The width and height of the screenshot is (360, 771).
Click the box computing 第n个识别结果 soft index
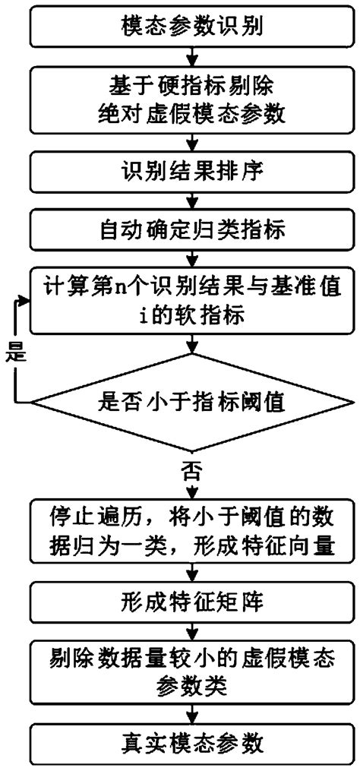pos(192,302)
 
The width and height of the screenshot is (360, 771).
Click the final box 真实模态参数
pos(192,742)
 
